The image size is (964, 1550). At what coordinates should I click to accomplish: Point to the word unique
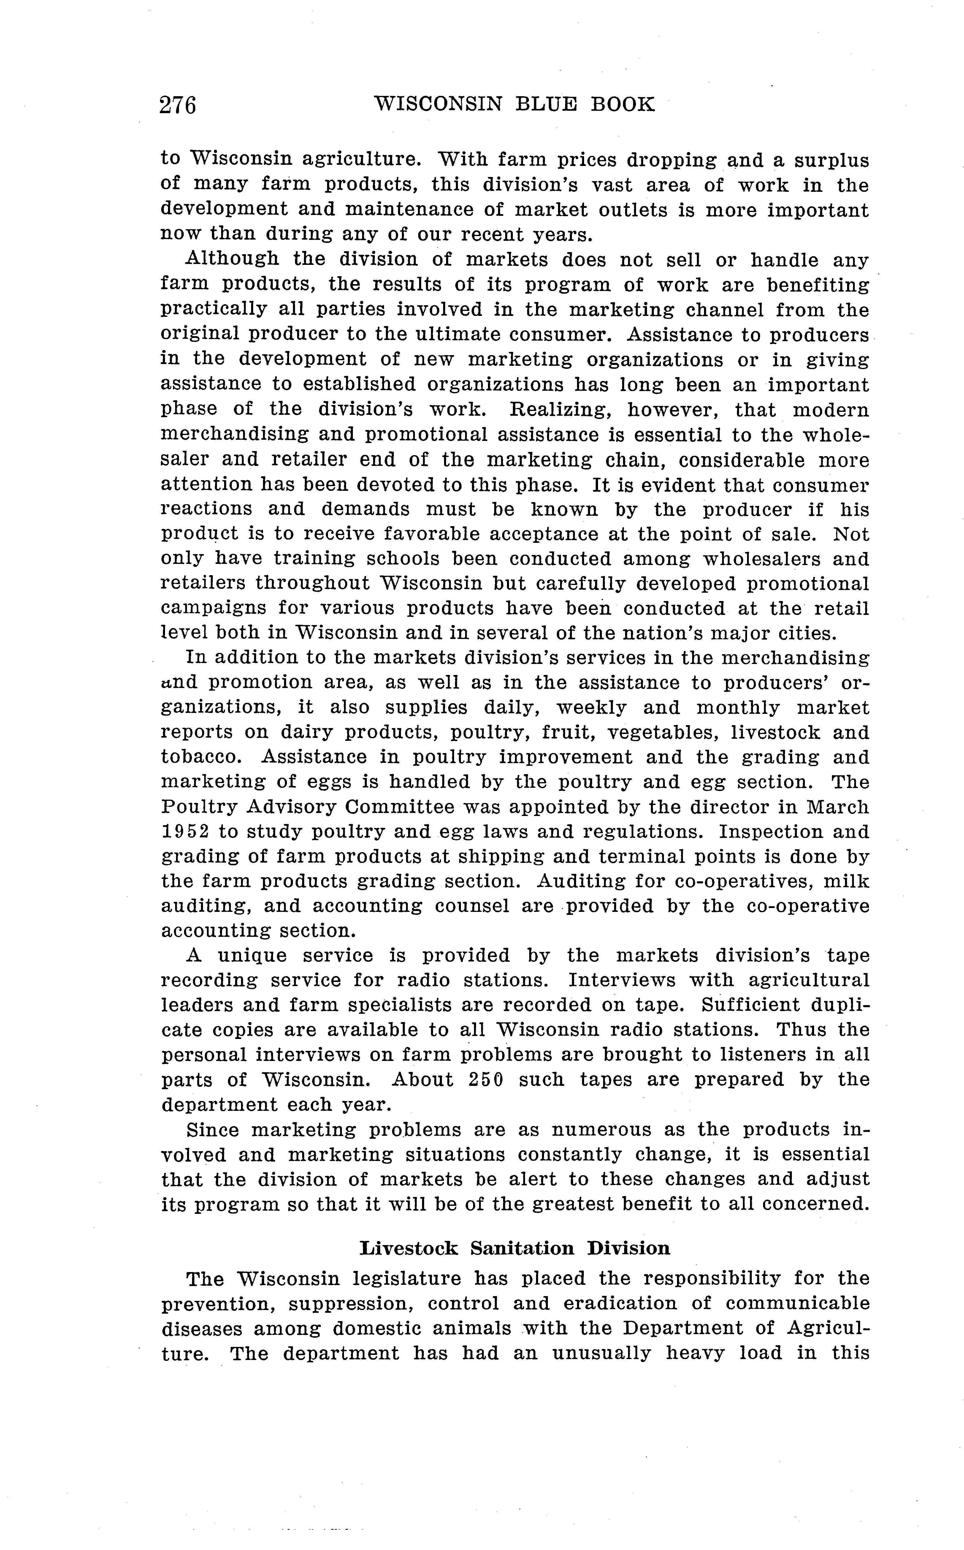[x=254, y=956]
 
